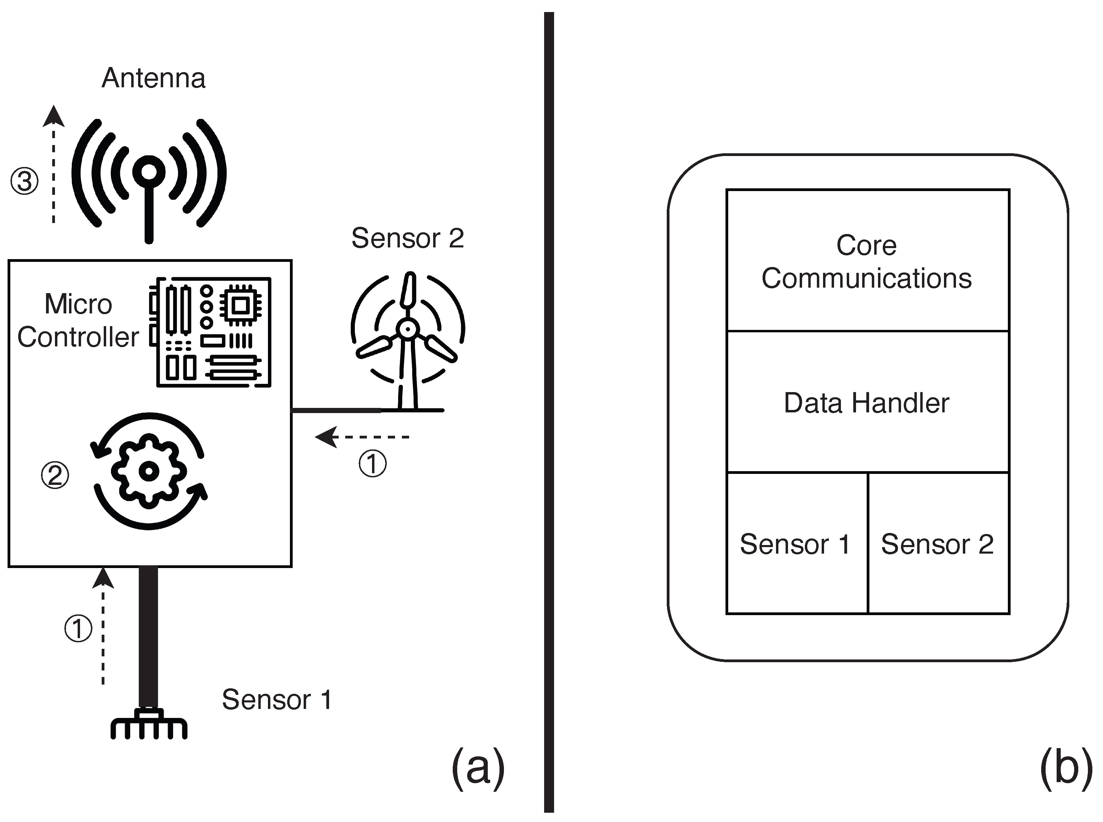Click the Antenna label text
click(153, 79)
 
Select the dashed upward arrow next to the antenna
click(54, 164)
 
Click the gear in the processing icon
click(149, 471)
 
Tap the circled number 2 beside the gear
click(55, 475)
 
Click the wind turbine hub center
click(408, 329)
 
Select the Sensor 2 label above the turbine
click(407, 238)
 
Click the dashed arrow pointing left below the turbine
click(363, 437)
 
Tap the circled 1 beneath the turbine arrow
click(372, 464)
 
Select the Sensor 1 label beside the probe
click(277, 700)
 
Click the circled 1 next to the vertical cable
click(78, 629)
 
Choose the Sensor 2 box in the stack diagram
click(938, 543)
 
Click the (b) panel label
click(1066, 768)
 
